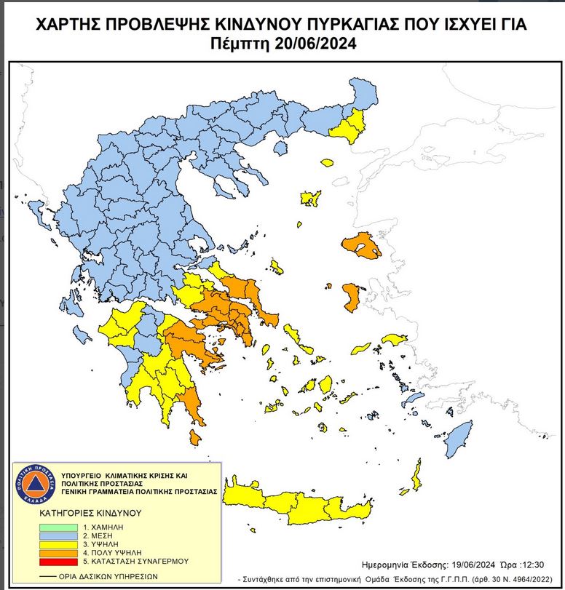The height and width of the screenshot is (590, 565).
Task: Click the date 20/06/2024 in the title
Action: pyautogui.click(x=315, y=44)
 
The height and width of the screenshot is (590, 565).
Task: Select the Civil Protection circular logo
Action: pyautogui.click(x=31, y=482)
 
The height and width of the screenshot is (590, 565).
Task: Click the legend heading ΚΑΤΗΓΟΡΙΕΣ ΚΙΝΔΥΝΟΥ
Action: pyautogui.click(x=90, y=513)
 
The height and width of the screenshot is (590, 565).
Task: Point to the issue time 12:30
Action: pyautogui.click(x=532, y=565)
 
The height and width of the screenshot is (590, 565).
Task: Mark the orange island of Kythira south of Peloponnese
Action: pyautogui.click(x=194, y=437)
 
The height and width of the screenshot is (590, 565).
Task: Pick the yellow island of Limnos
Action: pyautogui.click(x=310, y=197)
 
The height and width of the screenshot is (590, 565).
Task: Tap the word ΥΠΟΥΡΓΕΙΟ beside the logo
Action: pyautogui.click(x=77, y=473)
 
